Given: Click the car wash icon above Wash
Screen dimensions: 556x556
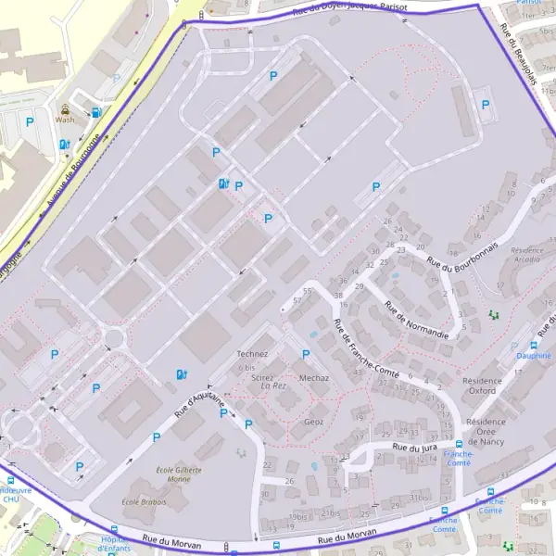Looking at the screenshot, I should tap(65, 107).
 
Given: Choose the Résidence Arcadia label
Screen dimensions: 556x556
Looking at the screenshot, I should tap(526, 256).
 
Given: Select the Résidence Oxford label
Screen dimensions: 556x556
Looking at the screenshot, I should tap(481, 385).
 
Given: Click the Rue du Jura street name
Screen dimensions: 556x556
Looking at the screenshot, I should tap(413, 448).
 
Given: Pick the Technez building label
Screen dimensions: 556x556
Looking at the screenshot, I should tap(252, 354).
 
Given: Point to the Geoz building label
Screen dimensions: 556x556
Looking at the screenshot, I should tap(313, 420).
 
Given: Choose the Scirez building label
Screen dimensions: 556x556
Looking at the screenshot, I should tap(262, 378).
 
